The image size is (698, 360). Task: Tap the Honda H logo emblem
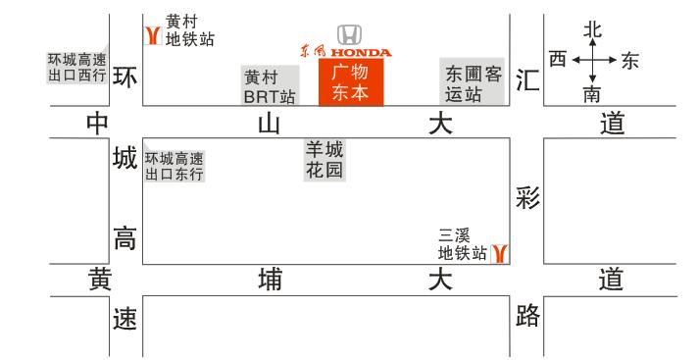348,34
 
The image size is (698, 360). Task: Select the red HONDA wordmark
360,52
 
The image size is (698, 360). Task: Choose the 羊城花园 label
324,160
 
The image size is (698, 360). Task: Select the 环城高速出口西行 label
76,67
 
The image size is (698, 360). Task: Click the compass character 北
592,29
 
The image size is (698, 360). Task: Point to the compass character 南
592,94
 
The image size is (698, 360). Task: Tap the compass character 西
558,61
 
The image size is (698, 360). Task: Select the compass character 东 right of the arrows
628,61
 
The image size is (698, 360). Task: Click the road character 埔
269,281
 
